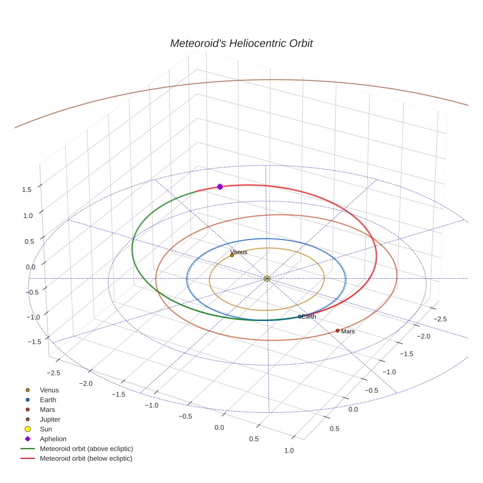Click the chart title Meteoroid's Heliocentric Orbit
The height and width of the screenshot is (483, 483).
[x=241, y=43]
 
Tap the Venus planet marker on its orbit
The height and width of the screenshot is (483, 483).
[x=232, y=255]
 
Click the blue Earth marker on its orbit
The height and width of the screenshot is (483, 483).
[x=299, y=317]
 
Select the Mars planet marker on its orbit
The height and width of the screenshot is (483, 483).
[x=338, y=331]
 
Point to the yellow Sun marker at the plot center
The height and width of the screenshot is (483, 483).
[x=267, y=279]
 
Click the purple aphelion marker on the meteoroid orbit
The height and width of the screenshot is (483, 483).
[x=220, y=187]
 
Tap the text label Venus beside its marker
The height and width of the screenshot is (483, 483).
[x=239, y=252]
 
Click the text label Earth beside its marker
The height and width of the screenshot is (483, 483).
[x=309, y=317]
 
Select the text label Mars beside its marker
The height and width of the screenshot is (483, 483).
[x=348, y=332]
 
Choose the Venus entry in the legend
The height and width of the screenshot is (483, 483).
[x=49, y=390]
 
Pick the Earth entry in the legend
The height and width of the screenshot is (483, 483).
[x=48, y=400]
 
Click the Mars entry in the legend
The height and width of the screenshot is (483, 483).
[x=47, y=410]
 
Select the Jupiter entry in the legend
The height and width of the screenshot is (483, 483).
[x=50, y=420]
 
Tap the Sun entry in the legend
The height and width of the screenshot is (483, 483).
[x=46, y=429]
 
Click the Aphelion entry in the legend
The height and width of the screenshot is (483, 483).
[x=53, y=439]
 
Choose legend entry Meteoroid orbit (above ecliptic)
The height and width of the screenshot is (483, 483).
[x=86, y=449]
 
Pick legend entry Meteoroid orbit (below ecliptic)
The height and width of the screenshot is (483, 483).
[x=86, y=458]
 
